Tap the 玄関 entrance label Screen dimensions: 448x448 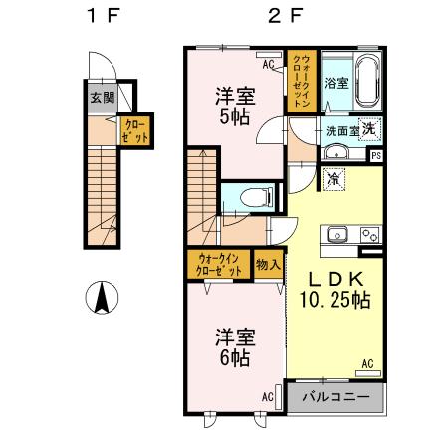(x=101, y=98)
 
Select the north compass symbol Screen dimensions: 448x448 (x=102, y=297)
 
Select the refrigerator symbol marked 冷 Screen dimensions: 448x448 (x=334, y=180)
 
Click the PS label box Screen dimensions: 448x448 (x=375, y=155)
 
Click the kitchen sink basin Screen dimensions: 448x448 (x=336, y=236)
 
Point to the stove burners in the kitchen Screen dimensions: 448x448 (x=369, y=236)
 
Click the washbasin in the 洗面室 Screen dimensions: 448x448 (x=336, y=152)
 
